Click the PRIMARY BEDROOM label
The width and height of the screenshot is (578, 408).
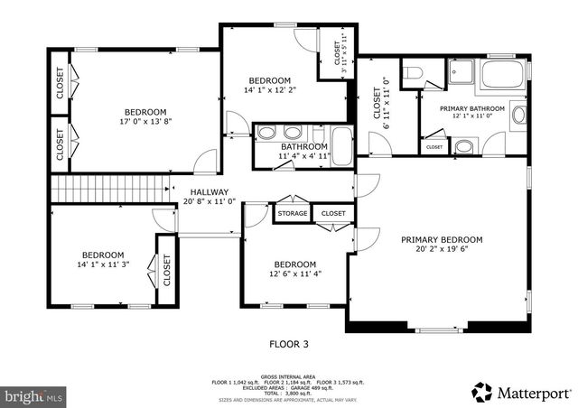coord(442,239)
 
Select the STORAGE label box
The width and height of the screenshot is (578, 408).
coord(293,214)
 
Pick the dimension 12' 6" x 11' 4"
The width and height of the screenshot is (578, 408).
coord(294,274)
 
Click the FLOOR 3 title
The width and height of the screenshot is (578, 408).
coord(289,343)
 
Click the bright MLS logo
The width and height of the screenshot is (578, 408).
coord(34,395)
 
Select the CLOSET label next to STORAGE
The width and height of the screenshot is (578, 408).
coord(333,214)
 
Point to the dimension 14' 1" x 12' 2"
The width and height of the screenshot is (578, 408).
coord(269,89)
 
